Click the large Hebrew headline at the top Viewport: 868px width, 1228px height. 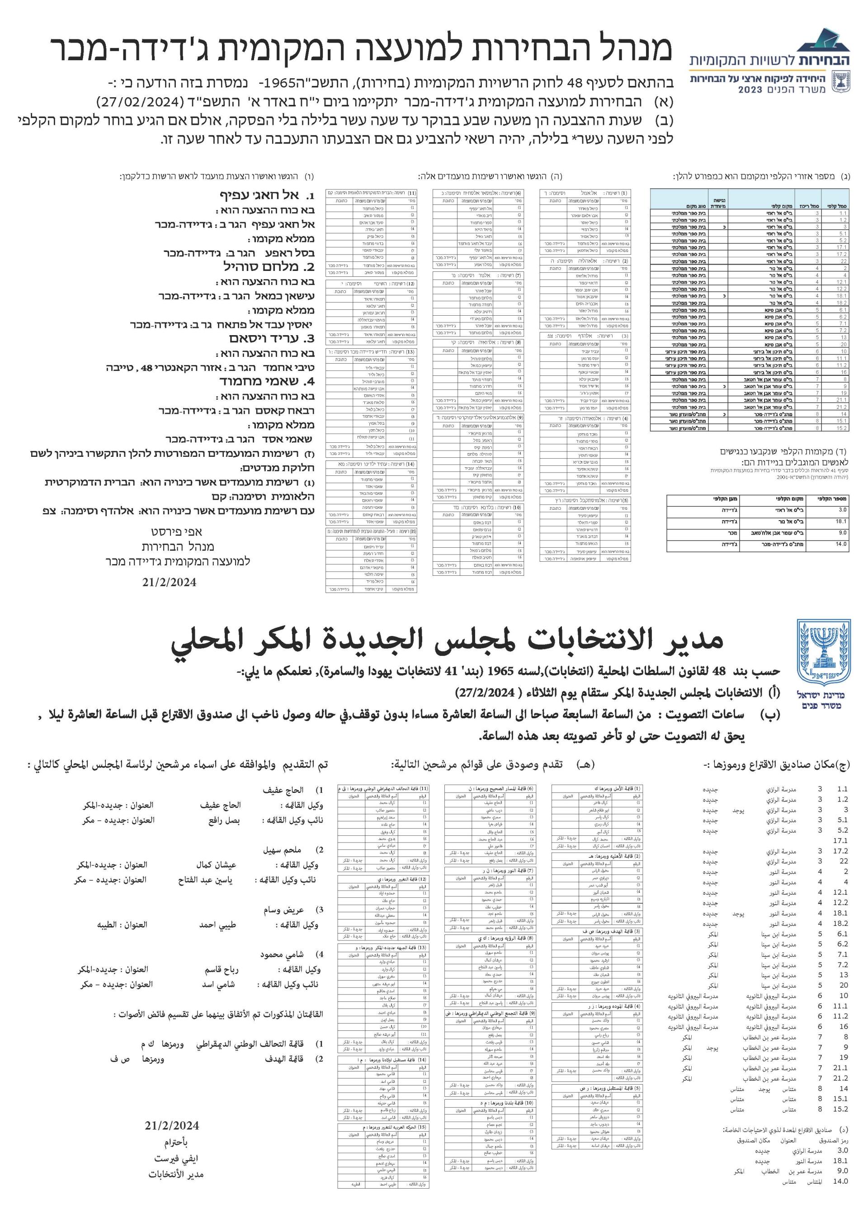[x=361, y=50]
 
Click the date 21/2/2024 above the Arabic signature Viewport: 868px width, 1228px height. [x=172, y=1125]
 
